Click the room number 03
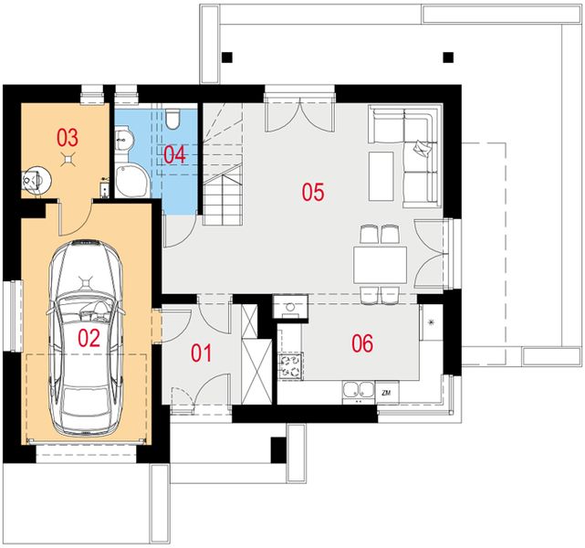[x=68, y=137]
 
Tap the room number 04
[x=174, y=155]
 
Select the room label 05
[x=313, y=192]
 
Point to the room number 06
[x=362, y=343]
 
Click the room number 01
[x=202, y=353]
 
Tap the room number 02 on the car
[x=89, y=338]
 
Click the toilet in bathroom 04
[x=172, y=119]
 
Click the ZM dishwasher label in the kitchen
[x=386, y=393]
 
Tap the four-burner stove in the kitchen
[x=290, y=366]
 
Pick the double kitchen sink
[x=359, y=390]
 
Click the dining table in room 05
[x=381, y=265]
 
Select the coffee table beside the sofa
[x=381, y=176]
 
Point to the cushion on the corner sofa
[x=422, y=148]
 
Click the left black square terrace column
[x=227, y=58]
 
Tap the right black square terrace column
[x=448, y=58]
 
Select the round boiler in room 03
[x=37, y=180]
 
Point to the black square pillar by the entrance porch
[x=278, y=449]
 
